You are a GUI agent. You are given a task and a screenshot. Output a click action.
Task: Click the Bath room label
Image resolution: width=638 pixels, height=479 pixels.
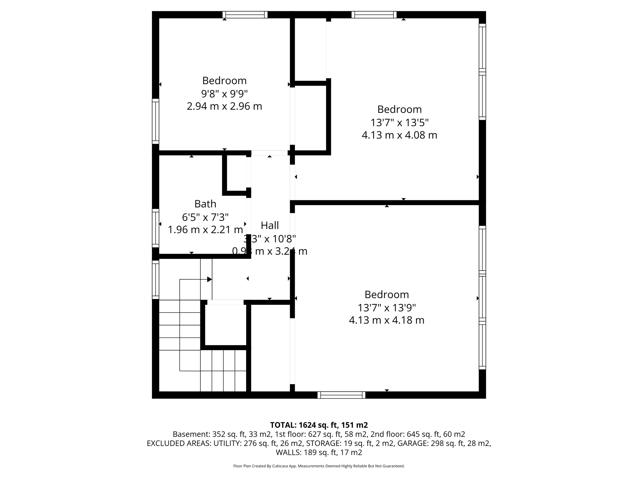205,204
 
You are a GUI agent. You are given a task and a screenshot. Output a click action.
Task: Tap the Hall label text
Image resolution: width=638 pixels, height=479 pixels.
269,225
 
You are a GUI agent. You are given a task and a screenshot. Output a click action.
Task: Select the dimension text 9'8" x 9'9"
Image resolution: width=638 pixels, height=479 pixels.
224,93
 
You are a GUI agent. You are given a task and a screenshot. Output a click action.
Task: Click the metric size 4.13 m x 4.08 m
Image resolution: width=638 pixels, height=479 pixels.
399,135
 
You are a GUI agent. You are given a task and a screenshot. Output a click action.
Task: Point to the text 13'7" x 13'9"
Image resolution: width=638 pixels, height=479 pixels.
387,308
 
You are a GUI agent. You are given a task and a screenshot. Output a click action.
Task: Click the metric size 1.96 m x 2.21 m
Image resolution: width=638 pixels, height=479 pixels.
205,230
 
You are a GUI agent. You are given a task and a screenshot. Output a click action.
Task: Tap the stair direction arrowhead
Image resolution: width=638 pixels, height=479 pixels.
209,279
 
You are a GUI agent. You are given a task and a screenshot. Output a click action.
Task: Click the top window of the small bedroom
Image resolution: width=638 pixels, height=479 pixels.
245,15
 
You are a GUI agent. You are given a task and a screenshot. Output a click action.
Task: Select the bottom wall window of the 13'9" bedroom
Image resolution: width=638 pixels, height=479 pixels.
341,395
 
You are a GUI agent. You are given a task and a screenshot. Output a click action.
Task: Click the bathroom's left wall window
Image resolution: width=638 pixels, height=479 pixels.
155,228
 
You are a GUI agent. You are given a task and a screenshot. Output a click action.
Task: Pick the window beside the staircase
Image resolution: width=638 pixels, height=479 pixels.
155,279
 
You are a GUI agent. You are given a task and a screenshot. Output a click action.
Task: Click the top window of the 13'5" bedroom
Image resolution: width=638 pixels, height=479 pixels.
374,15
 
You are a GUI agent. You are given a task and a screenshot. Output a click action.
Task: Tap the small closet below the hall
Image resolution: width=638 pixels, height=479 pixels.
226,324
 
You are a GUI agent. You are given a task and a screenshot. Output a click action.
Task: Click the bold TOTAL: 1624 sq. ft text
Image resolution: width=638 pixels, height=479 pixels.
319,425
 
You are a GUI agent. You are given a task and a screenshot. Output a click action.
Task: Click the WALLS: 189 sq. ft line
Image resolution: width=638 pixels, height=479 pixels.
319,452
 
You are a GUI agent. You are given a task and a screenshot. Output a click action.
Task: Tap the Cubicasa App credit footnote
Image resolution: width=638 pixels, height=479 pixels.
319,466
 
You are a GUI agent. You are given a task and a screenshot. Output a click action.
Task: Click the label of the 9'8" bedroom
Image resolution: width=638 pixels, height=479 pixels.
224,80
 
